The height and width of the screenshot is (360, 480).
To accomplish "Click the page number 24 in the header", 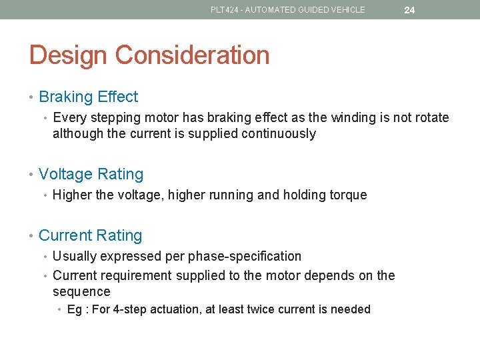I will (x=409, y=10).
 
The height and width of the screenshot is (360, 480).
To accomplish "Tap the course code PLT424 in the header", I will (x=223, y=10).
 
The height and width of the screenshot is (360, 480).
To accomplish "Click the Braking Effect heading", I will (x=89, y=97).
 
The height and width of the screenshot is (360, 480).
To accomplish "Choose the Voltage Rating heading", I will (x=91, y=174).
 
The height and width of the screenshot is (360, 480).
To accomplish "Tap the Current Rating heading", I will (x=91, y=235).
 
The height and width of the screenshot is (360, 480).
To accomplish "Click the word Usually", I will (x=75, y=256).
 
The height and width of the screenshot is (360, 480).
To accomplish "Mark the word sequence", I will (x=81, y=292).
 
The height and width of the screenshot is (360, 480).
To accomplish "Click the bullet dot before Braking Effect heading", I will (x=33, y=97).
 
